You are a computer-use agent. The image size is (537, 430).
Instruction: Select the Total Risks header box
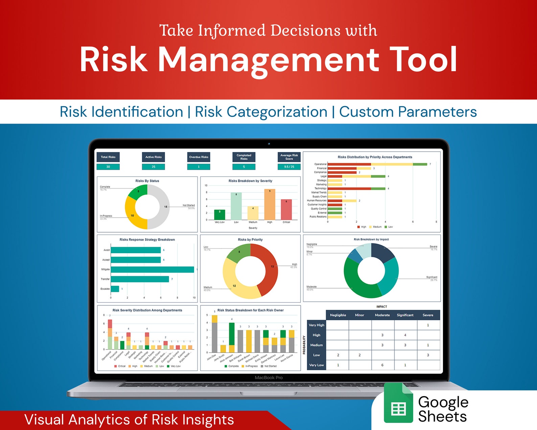click(108, 157)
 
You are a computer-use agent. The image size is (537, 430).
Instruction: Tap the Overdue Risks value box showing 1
click(199, 167)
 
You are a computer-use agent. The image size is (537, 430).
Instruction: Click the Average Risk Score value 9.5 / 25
click(289, 167)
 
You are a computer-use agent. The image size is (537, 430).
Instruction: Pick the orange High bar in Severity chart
click(270, 205)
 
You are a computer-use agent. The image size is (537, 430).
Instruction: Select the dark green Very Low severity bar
click(219, 215)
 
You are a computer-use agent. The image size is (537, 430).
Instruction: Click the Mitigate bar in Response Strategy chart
click(152, 270)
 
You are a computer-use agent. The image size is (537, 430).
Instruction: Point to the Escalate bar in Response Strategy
click(115, 289)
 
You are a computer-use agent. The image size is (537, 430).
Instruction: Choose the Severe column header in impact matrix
click(428, 315)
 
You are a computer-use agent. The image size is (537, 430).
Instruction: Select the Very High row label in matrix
click(316, 325)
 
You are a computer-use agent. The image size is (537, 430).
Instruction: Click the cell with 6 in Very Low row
click(382, 365)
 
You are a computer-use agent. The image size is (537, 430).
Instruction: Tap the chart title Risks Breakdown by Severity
click(250, 181)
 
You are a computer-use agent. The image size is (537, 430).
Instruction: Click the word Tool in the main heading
click(423, 60)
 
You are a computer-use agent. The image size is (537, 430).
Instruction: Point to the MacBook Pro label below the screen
click(268, 378)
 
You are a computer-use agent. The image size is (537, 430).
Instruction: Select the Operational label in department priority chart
click(320, 164)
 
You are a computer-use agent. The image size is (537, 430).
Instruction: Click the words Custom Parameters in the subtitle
click(408, 112)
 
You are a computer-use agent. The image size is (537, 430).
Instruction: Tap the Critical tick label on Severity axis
click(286, 222)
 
